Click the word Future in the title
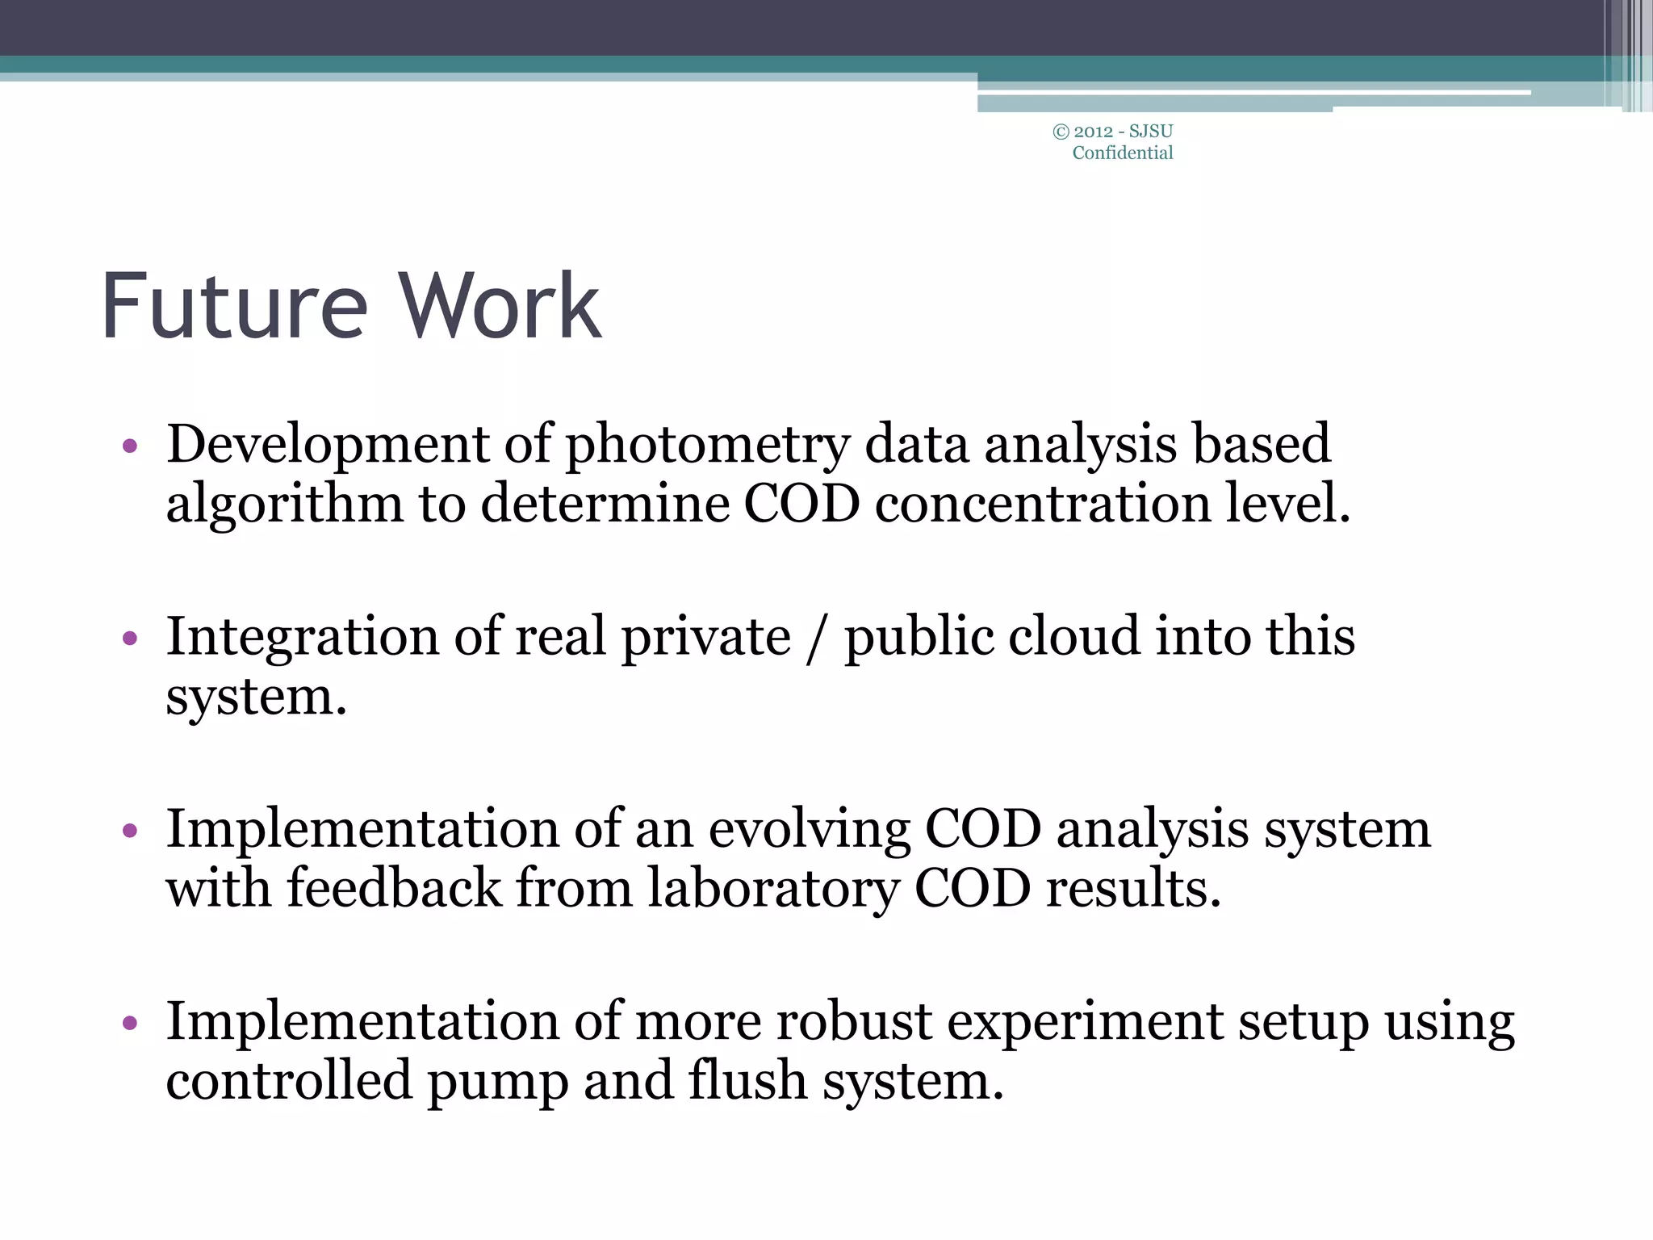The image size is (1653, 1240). tap(234, 308)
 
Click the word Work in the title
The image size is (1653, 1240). tap(501, 308)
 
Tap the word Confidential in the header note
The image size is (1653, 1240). tap(1122, 153)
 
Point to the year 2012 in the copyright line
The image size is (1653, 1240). tap(1093, 132)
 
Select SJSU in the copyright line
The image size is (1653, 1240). tap(1151, 132)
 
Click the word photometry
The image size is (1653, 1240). tap(707, 446)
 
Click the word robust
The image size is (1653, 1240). tap(854, 1022)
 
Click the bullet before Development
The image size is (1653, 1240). tap(130, 446)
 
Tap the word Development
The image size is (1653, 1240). tap(328, 446)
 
